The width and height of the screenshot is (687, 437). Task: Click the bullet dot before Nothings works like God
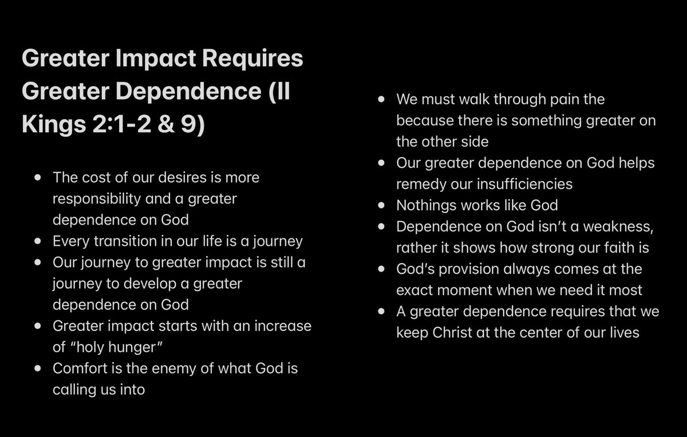click(382, 205)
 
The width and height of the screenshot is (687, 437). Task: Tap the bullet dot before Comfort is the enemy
click(38, 368)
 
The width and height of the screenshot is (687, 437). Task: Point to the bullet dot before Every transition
click(38, 241)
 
